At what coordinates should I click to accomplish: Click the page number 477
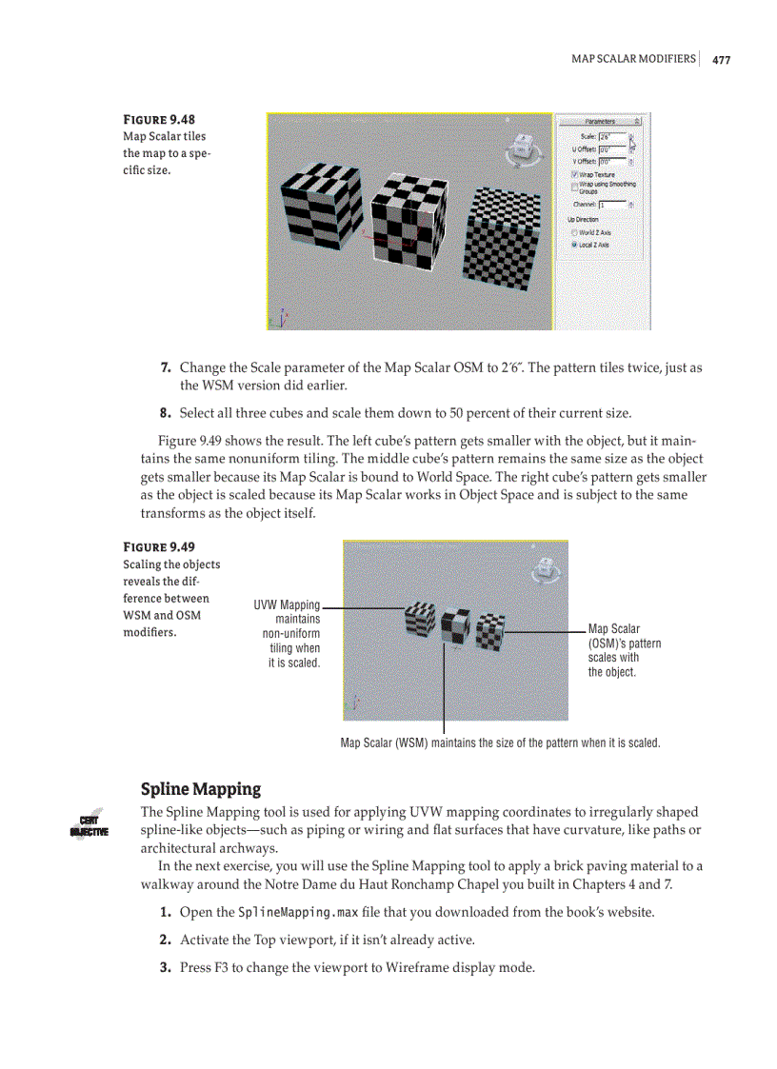[721, 60]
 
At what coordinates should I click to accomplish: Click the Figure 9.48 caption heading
[159, 120]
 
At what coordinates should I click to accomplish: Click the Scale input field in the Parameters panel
[611, 137]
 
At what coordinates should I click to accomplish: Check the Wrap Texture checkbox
[573, 174]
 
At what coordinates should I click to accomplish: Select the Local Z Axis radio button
[573, 245]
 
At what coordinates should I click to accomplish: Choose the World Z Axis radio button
[573, 232]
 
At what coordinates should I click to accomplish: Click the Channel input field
[611, 205]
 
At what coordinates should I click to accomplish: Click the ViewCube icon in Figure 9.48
[522, 148]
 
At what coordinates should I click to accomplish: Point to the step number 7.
[165, 367]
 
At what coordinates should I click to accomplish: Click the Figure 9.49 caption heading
[159, 547]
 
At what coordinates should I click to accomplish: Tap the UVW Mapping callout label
[286, 605]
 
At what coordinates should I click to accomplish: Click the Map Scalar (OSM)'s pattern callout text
[624, 650]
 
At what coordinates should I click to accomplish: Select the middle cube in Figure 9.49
[455, 624]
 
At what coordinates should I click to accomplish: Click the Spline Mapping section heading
[200, 789]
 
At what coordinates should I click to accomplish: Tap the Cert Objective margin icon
[90, 824]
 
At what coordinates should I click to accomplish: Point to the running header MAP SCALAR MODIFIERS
[632, 59]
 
